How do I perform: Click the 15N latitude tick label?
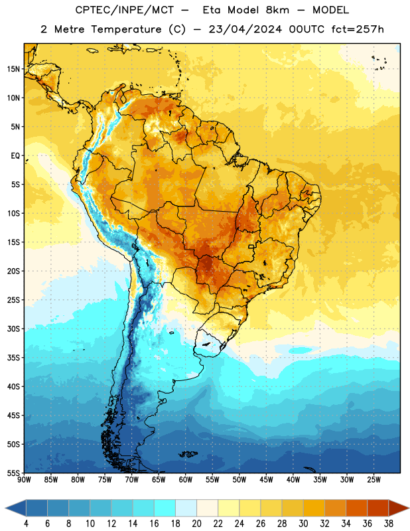tap(13, 69)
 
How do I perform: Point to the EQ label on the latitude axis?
tap(15, 156)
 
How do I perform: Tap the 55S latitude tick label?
tap(13, 473)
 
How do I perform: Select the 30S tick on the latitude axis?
tap(13, 329)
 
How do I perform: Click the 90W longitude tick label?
tap(24, 480)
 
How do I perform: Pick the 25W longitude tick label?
tap(374, 480)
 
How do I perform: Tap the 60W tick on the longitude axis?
tap(186, 480)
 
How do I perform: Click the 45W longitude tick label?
tap(267, 480)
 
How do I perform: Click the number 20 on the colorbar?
tap(196, 524)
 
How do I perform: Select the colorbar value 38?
tap(389, 524)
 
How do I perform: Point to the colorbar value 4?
tap(26, 524)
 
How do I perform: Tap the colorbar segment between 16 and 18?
tap(165, 508)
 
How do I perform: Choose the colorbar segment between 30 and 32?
tap(314, 508)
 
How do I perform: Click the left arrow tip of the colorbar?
tap(5, 508)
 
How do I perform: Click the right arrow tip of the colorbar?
tap(409, 508)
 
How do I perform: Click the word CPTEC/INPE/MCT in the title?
tap(124, 10)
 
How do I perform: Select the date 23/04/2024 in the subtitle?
tap(245, 29)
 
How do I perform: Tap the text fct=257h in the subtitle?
tap(358, 29)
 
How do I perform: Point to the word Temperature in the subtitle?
tap(126, 30)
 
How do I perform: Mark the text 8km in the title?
tap(277, 10)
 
